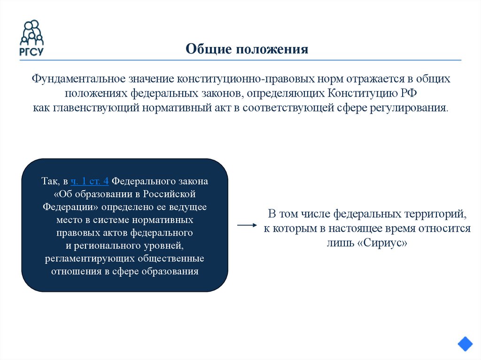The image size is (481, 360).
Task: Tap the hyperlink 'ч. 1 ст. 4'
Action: (x=90, y=181)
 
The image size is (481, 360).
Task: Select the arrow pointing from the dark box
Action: (x=248, y=225)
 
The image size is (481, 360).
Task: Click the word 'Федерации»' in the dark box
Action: (x=71, y=207)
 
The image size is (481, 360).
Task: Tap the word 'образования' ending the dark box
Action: (x=174, y=271)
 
